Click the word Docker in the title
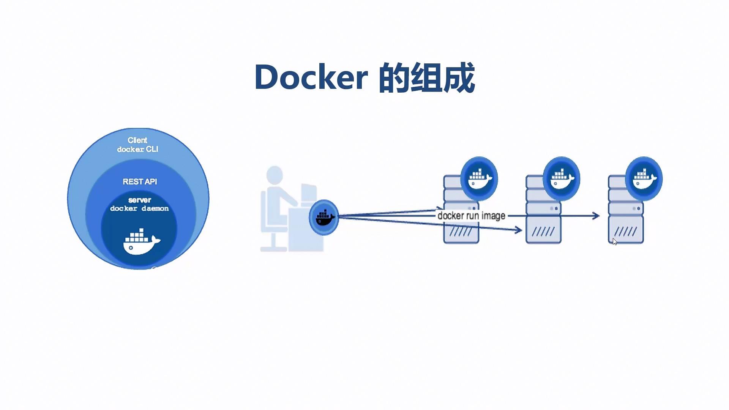(311, 77)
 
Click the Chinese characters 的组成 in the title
(427, 77)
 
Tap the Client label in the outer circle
(137, 140)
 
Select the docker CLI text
(137, 150)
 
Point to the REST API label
(140, 182)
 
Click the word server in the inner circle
(140, 200)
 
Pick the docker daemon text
(139, 208)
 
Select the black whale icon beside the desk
(324, 218)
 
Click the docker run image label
(471, 216)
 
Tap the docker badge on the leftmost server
(479, 178)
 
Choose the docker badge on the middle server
(561, 178)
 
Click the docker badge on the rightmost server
(644, 178)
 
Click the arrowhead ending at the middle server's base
(518, 230)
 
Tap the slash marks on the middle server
(543, 231)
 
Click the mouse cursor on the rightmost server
(615, 241)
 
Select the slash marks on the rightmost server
(625, 231)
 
